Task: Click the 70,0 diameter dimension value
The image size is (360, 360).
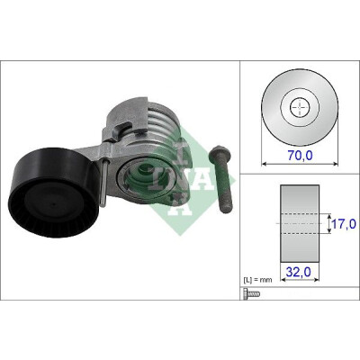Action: click(x=300, y=155)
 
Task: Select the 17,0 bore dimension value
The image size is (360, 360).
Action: click(x=344, y=223)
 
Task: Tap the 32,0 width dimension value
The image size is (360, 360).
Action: click(x=298, y=272)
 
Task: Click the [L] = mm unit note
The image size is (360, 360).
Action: click(x=257, y=280)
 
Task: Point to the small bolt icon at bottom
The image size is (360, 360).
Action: click(x=252, y=294)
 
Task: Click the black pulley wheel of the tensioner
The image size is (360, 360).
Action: click(x=54, y=193)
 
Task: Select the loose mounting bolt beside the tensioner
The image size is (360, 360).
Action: click(x=221, y=179)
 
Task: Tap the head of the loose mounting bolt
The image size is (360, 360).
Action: click(x=220, y=154)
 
